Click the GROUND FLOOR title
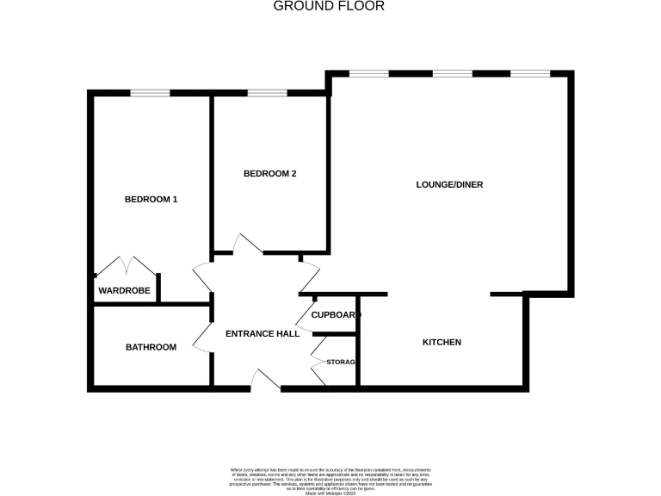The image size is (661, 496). point(329,6)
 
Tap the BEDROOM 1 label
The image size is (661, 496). point(151,200)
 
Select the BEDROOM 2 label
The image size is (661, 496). point(269,174)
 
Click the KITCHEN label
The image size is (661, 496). point(442,343)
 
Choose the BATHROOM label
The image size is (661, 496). point(151,348)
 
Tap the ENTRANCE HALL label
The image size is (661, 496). point(262,334)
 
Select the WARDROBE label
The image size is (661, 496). point(125,291)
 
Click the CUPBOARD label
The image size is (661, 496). point(335,315)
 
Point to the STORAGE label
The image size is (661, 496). point(340,362)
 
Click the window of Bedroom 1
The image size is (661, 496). point(149,92)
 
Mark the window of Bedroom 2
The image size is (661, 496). point(267,92)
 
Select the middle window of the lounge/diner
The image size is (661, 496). point(451,74)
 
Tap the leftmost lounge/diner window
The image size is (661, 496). point(368,74)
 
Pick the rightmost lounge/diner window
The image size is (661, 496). point(530,74)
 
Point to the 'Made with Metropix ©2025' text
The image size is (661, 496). point(330,493)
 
